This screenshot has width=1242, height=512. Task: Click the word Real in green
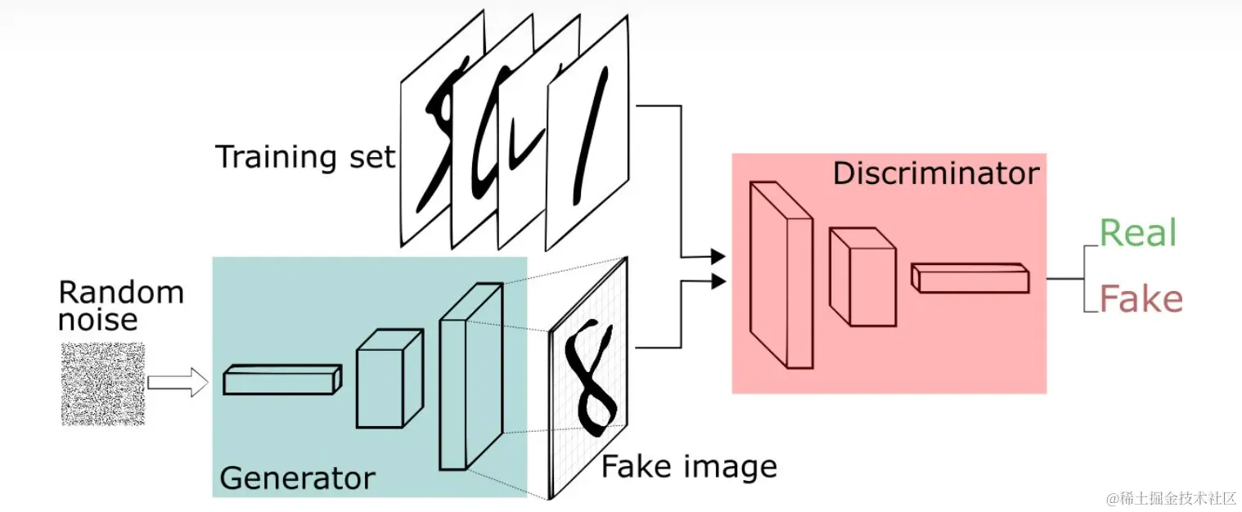click(x=1137, y=233)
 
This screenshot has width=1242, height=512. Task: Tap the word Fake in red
click(x=1141, y=299)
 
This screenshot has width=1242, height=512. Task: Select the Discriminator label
click(x=935, y=173)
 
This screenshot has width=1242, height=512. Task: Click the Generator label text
click(x=297, y=478)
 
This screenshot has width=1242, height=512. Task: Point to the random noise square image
click(x=102, y=384)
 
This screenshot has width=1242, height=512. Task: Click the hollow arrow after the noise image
click(x=178, y=382)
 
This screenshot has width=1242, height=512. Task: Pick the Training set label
click(x=305, y=156)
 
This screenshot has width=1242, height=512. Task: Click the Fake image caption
click(x=689, y=467)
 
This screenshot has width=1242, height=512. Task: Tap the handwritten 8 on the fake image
click(x=591, y=375)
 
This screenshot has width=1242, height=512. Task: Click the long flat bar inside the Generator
click(x=282, y=380)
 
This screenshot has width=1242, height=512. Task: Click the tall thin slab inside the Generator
click(x=470, y=376)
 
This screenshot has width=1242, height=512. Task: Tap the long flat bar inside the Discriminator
click(x=970, y=277)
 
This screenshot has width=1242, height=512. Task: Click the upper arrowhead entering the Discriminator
click(x=718, y=256)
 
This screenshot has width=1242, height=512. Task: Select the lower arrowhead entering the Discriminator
click(x=718, y=282)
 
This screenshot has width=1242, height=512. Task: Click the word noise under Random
click(x=97, y=319)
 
